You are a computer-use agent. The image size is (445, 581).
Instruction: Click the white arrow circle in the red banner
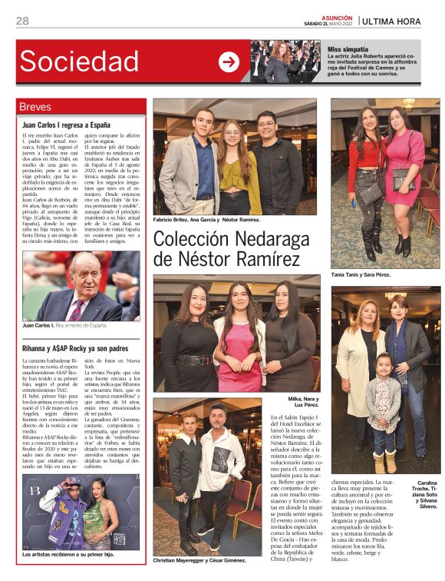(229, 61)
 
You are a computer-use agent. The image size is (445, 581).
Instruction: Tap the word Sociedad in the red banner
(79, 61)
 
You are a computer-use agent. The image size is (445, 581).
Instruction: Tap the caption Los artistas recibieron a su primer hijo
(68, 553)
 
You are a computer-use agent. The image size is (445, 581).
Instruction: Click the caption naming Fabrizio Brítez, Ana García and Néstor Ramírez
(206, 220)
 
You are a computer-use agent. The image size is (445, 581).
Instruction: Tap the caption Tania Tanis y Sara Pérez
(361, 274)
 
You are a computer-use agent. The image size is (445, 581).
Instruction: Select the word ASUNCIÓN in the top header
(337, 17)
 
